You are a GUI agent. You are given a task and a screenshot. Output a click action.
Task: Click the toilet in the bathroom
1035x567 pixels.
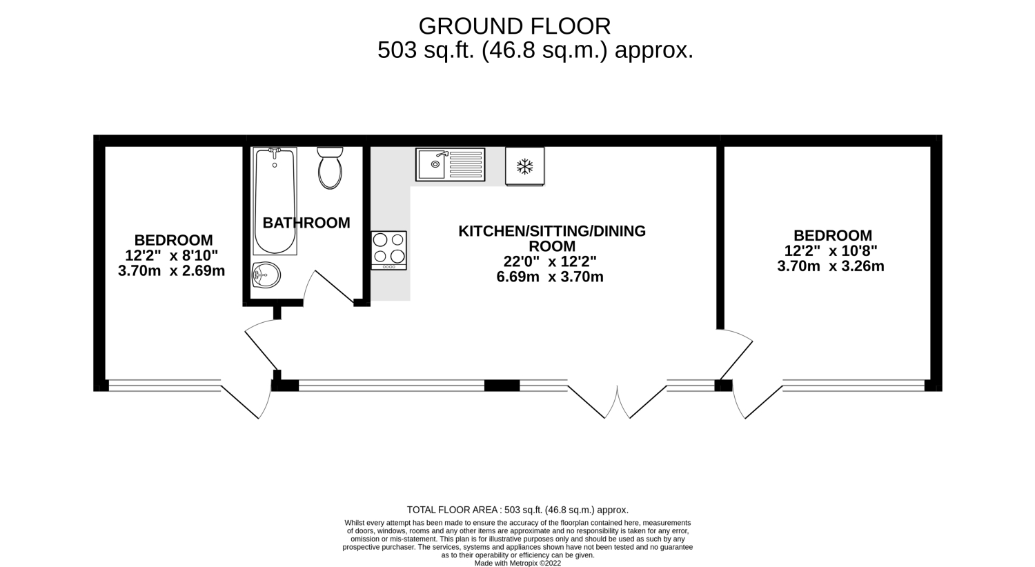tap(330, 168)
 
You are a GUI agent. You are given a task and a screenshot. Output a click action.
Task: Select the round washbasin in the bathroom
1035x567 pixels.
tap(266, 275)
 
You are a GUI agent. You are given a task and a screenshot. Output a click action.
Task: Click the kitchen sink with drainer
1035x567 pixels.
tap(450, 164)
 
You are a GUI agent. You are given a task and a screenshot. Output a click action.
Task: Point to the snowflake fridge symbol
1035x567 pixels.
tap(524, 166)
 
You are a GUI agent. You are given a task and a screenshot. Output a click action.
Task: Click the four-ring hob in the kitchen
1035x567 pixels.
tap(388, 250)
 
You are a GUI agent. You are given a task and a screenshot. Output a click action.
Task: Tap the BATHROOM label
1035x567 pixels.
tap(306, 223)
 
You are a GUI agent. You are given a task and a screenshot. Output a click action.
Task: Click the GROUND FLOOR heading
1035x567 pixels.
tap(515, 26)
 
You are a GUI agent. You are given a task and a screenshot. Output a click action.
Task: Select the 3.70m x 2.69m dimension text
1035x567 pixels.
tap(171, 270)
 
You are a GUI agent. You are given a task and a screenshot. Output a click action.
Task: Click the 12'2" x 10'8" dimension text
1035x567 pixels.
tap(831, 250)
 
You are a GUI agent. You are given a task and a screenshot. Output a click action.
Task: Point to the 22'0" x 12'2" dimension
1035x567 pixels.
tap(550, 262)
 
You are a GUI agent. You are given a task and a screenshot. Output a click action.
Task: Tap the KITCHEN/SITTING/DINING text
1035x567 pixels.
tap(552, 231)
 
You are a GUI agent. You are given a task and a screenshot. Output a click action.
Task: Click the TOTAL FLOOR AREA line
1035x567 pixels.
tap(517, 510)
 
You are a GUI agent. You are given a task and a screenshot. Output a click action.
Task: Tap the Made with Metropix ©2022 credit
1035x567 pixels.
tap(517, 564)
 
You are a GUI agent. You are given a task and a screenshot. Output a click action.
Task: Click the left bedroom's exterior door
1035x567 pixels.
tap(246, 400)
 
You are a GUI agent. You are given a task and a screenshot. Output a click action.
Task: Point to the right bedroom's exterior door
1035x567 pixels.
tap(758, 400)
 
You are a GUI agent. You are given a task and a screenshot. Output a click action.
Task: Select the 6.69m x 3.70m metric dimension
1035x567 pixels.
tap(550, 277)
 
